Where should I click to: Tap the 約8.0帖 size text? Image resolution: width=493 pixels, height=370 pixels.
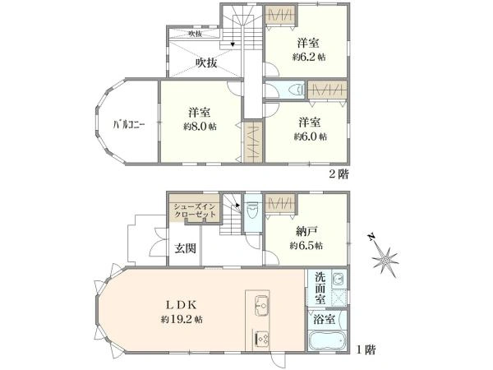point(200,127)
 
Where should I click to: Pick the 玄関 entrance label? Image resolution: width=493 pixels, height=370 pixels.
point(184,249)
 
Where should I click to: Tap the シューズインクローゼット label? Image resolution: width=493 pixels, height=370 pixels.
point(195,210)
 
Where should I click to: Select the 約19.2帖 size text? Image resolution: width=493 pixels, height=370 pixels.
point(182,318)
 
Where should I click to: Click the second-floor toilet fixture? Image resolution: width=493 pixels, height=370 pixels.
point(297,90)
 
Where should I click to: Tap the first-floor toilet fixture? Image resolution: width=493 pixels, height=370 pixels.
point(252,211)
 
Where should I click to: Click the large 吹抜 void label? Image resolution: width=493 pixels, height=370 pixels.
point(206,62)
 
